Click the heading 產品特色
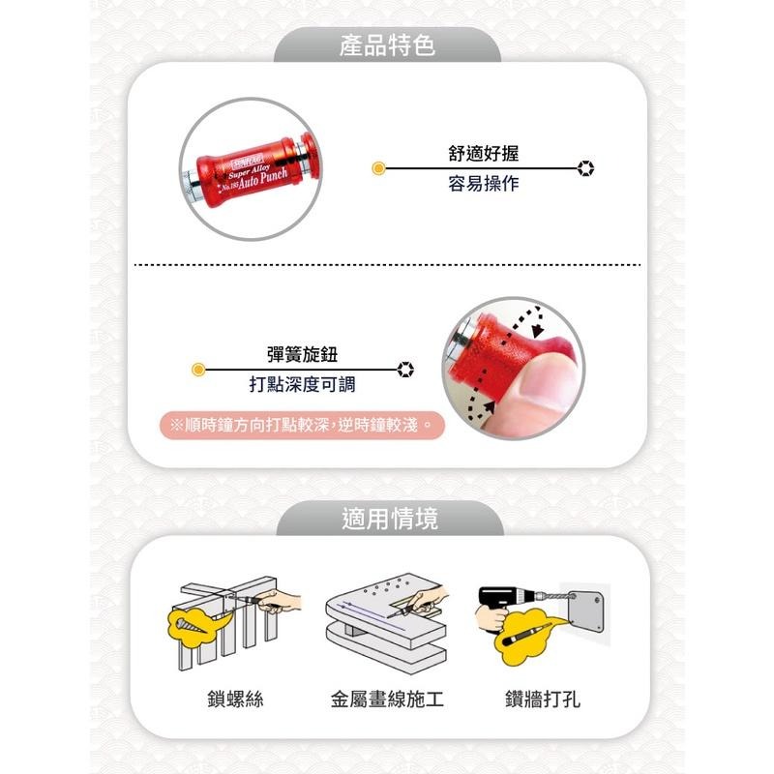(x=387, y=45)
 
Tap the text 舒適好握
(x=484, y=153)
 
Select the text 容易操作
(x=484, y=183)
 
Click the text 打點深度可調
(x=302, y=384)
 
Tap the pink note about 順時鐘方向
(x=301, y=424)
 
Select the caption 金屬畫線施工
(x=387, y=698)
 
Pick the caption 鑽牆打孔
(x=543, y=698)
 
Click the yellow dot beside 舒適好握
(x=379, y=168)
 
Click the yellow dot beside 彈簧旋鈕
(x=198, y=369)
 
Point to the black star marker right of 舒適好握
(x=585, y=168)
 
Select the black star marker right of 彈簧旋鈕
(x=406, y=369)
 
